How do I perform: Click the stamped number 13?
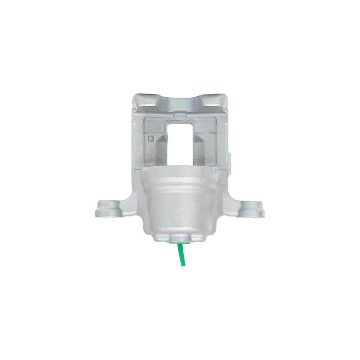pyautogui.click(x=151, y=139)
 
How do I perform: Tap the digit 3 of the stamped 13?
pyautogui.click(x=152, y=139)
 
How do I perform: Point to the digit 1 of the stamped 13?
pyautogui.click(x=148, y=139)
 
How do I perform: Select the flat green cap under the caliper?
pyautogui.click(x=179, y=242)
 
